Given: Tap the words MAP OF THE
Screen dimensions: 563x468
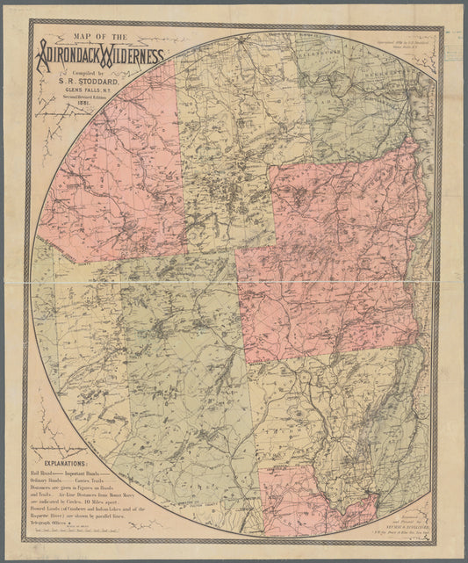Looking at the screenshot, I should click(x=100, y=37).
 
